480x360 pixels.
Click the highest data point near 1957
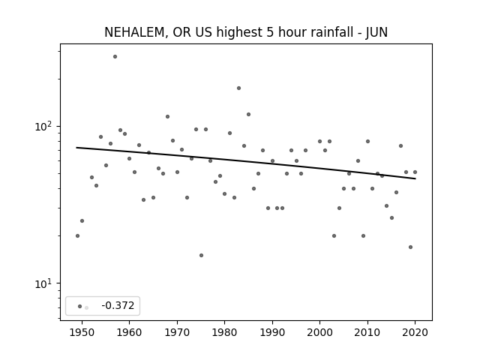(x=115, y=57)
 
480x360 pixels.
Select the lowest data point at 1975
(x=201, y=255)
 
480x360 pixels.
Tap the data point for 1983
(x=238, y=88)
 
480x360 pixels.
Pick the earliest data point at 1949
(x=77, y=235)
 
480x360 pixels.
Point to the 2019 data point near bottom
(x=410, y=247)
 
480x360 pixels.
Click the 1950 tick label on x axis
(x=82, y=332)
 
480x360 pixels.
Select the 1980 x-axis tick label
(x=224, y=332)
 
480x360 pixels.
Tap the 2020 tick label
(x=415, y=332)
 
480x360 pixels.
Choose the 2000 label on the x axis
(x=320, y=332)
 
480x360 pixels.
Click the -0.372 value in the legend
(x=118, y=305)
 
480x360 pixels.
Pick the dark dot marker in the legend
(x=80, y=306)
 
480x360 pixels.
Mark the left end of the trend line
(x=76, y=148)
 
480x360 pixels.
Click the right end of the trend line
(x=415, y=178)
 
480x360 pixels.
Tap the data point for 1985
(x=248, y=115)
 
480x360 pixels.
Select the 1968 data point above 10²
(x=167, y=117)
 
